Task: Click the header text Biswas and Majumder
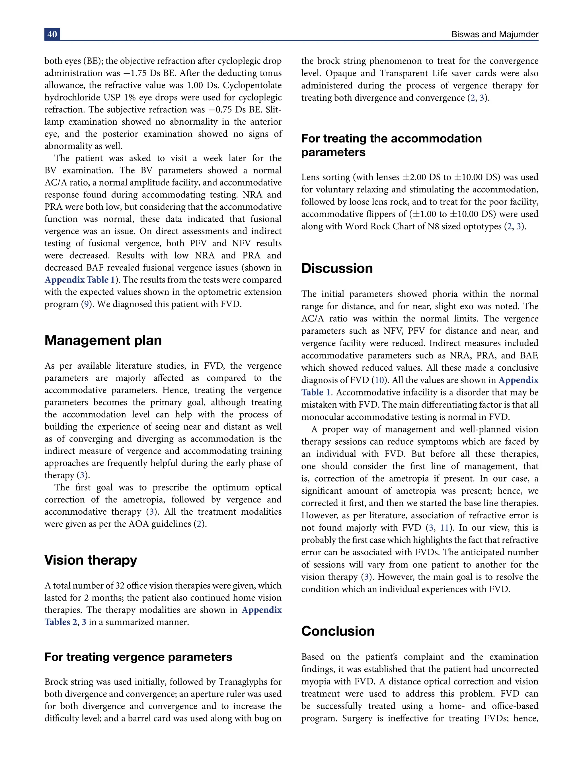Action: pyautogui.click(x=494, y=34)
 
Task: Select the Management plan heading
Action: pyautogui.click(x=103, y=340)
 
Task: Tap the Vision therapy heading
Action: pyautogui.click(x=91, y=560)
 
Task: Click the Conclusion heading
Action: pyautogui.click(x=338, y=631)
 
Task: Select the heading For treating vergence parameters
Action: pyautogui.click(x=138, y=657)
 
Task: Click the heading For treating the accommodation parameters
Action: pyautogui.click(x=391, y=145)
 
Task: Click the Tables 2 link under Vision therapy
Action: pyautogui.click(x=61, y=622)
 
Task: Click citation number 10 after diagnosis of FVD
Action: pyautogui.click(x=379, y=380)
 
